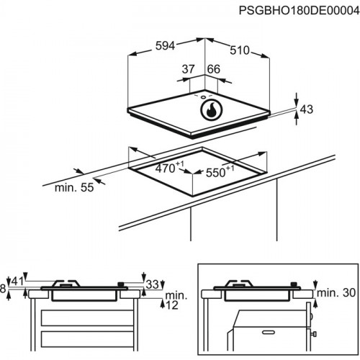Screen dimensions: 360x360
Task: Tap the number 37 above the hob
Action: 189,68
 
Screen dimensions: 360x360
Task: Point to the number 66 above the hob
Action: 212,68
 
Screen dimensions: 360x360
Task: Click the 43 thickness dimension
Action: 307,109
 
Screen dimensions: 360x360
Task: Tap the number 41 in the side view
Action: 18,280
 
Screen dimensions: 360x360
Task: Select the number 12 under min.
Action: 171,305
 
